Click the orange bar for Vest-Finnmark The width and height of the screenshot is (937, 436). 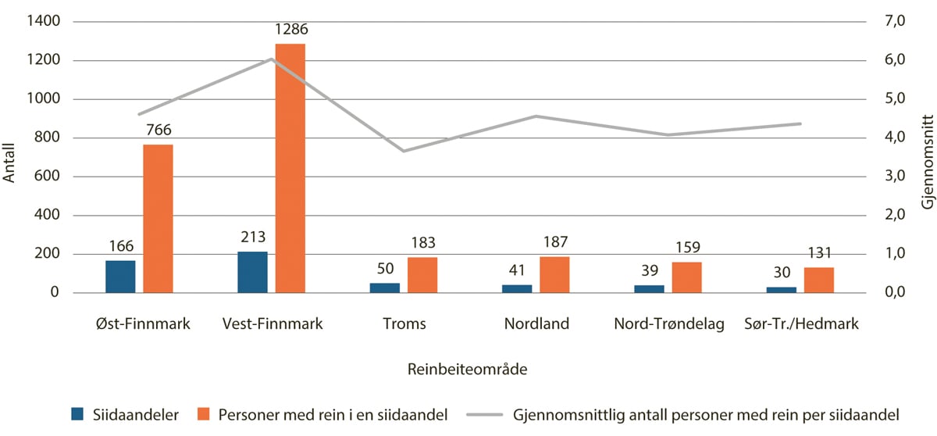[x=290, y=168]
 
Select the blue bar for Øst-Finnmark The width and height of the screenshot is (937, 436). [x=120, y=277]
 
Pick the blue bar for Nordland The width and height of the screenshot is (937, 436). [x=516, y=288]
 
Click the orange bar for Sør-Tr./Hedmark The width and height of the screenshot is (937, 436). [x=818, y=280]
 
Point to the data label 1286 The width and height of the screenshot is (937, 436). [x=290, y=30]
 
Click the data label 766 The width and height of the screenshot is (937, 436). [x=158, y=130]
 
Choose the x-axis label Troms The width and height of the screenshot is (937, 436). [x=404, y=323]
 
